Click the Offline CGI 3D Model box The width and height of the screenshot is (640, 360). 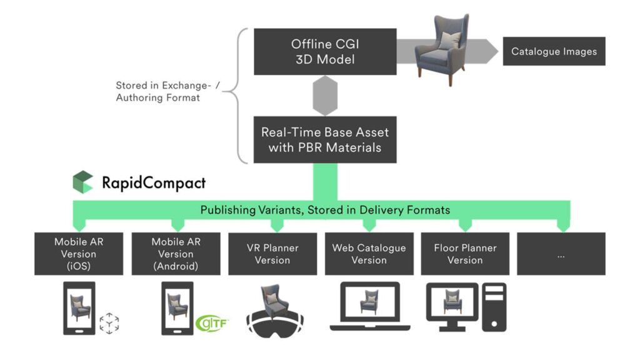coord(324,51)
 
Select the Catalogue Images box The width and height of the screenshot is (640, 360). coord(554,51)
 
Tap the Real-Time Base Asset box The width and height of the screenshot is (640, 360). coord(324,140)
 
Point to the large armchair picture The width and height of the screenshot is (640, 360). coord(442,49)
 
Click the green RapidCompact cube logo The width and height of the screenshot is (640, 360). coord(82,182)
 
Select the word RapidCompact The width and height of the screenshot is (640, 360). coord(153,183)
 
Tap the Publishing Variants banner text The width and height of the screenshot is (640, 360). coord(325,210)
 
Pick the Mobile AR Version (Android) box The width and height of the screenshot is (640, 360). coord(176,254)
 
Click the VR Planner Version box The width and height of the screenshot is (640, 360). coord(272,254)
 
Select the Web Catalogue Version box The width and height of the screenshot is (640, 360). coord(369,254)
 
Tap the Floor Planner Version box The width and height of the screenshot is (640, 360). coord(465,254)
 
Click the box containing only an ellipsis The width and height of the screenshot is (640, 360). coord(561,254)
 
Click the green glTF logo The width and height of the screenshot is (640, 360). coord(212,323)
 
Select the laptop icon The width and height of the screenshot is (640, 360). coord(369,307)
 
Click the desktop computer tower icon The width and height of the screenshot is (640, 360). coord(494,307)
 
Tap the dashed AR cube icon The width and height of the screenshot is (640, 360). coord(109,323)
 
